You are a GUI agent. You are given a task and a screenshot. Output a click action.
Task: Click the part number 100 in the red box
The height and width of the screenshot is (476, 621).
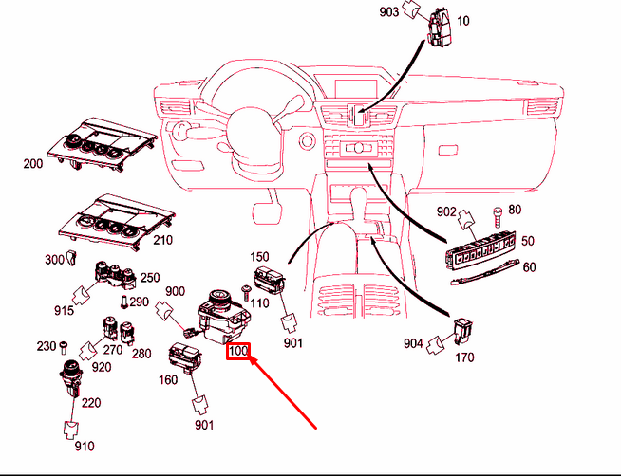click(x=237, y=351)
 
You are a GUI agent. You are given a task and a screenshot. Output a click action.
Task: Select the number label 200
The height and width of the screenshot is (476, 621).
click(x=33, y=164)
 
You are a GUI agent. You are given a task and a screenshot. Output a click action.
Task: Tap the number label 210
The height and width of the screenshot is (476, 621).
click(x=162, y=240)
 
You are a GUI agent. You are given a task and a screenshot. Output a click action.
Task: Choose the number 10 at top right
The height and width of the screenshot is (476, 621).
click(x=463, y=20)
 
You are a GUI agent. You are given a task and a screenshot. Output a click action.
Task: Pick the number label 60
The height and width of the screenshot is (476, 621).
click(x=529, y=266)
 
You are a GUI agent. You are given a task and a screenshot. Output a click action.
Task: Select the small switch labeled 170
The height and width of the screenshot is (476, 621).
click(x=463, y=331)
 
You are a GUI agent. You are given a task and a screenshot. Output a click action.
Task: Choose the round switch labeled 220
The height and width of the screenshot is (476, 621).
click(x=71, y=375)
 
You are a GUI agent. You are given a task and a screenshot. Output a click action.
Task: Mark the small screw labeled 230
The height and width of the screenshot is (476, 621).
click(x=63, y=344)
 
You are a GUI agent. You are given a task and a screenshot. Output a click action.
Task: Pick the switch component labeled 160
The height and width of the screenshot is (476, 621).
click(x=182, y=359)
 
